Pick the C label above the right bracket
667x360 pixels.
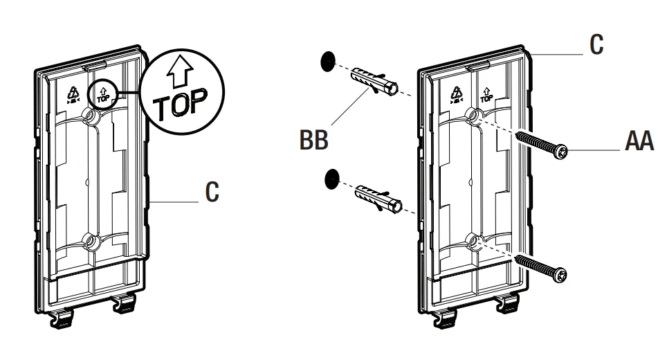tap(594, 45)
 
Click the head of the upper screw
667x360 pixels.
tap(564, 151)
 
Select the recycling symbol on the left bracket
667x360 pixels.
tap(71, 92)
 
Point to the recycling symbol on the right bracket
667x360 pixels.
tap(456, 93)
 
